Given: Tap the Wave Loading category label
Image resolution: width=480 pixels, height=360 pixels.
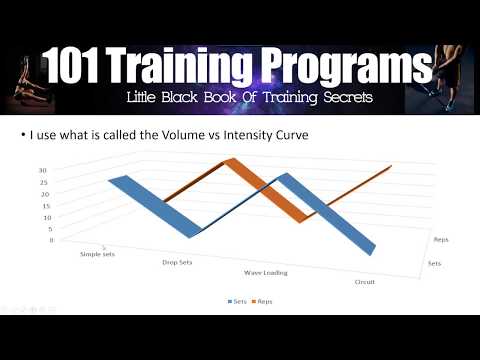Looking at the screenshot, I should [x=266, y=272].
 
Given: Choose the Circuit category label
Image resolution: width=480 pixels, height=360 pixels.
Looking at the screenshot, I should [x=365, y=282].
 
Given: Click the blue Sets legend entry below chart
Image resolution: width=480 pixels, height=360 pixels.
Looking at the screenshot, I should [x=237, y=300].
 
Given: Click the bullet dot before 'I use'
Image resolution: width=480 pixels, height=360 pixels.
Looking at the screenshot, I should [x=123, y=137].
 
